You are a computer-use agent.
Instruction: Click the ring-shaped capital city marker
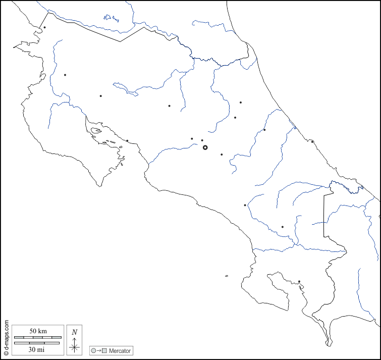coord(205,147)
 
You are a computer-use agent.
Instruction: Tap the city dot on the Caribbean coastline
coord(312,141)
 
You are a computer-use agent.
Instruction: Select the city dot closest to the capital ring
coord(202,140)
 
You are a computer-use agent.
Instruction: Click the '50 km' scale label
coord(38,331)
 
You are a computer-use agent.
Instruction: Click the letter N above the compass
coord(75,332)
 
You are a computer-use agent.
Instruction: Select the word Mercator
coord(120,350)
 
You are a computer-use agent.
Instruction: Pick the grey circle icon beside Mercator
coord(93,350)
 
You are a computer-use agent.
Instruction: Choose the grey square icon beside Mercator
coord(104,350)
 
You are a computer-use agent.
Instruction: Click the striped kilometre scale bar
coord(38,337)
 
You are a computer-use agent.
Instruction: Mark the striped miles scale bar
coord(37,343)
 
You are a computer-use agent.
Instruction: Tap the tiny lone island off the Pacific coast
coord(227,276)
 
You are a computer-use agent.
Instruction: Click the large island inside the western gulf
coord(96,132)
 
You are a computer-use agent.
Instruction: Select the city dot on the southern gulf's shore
coord(299,282)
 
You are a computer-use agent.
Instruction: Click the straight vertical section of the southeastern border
coord(323,212)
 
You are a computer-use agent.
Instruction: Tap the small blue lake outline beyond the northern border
coord(110,18)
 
